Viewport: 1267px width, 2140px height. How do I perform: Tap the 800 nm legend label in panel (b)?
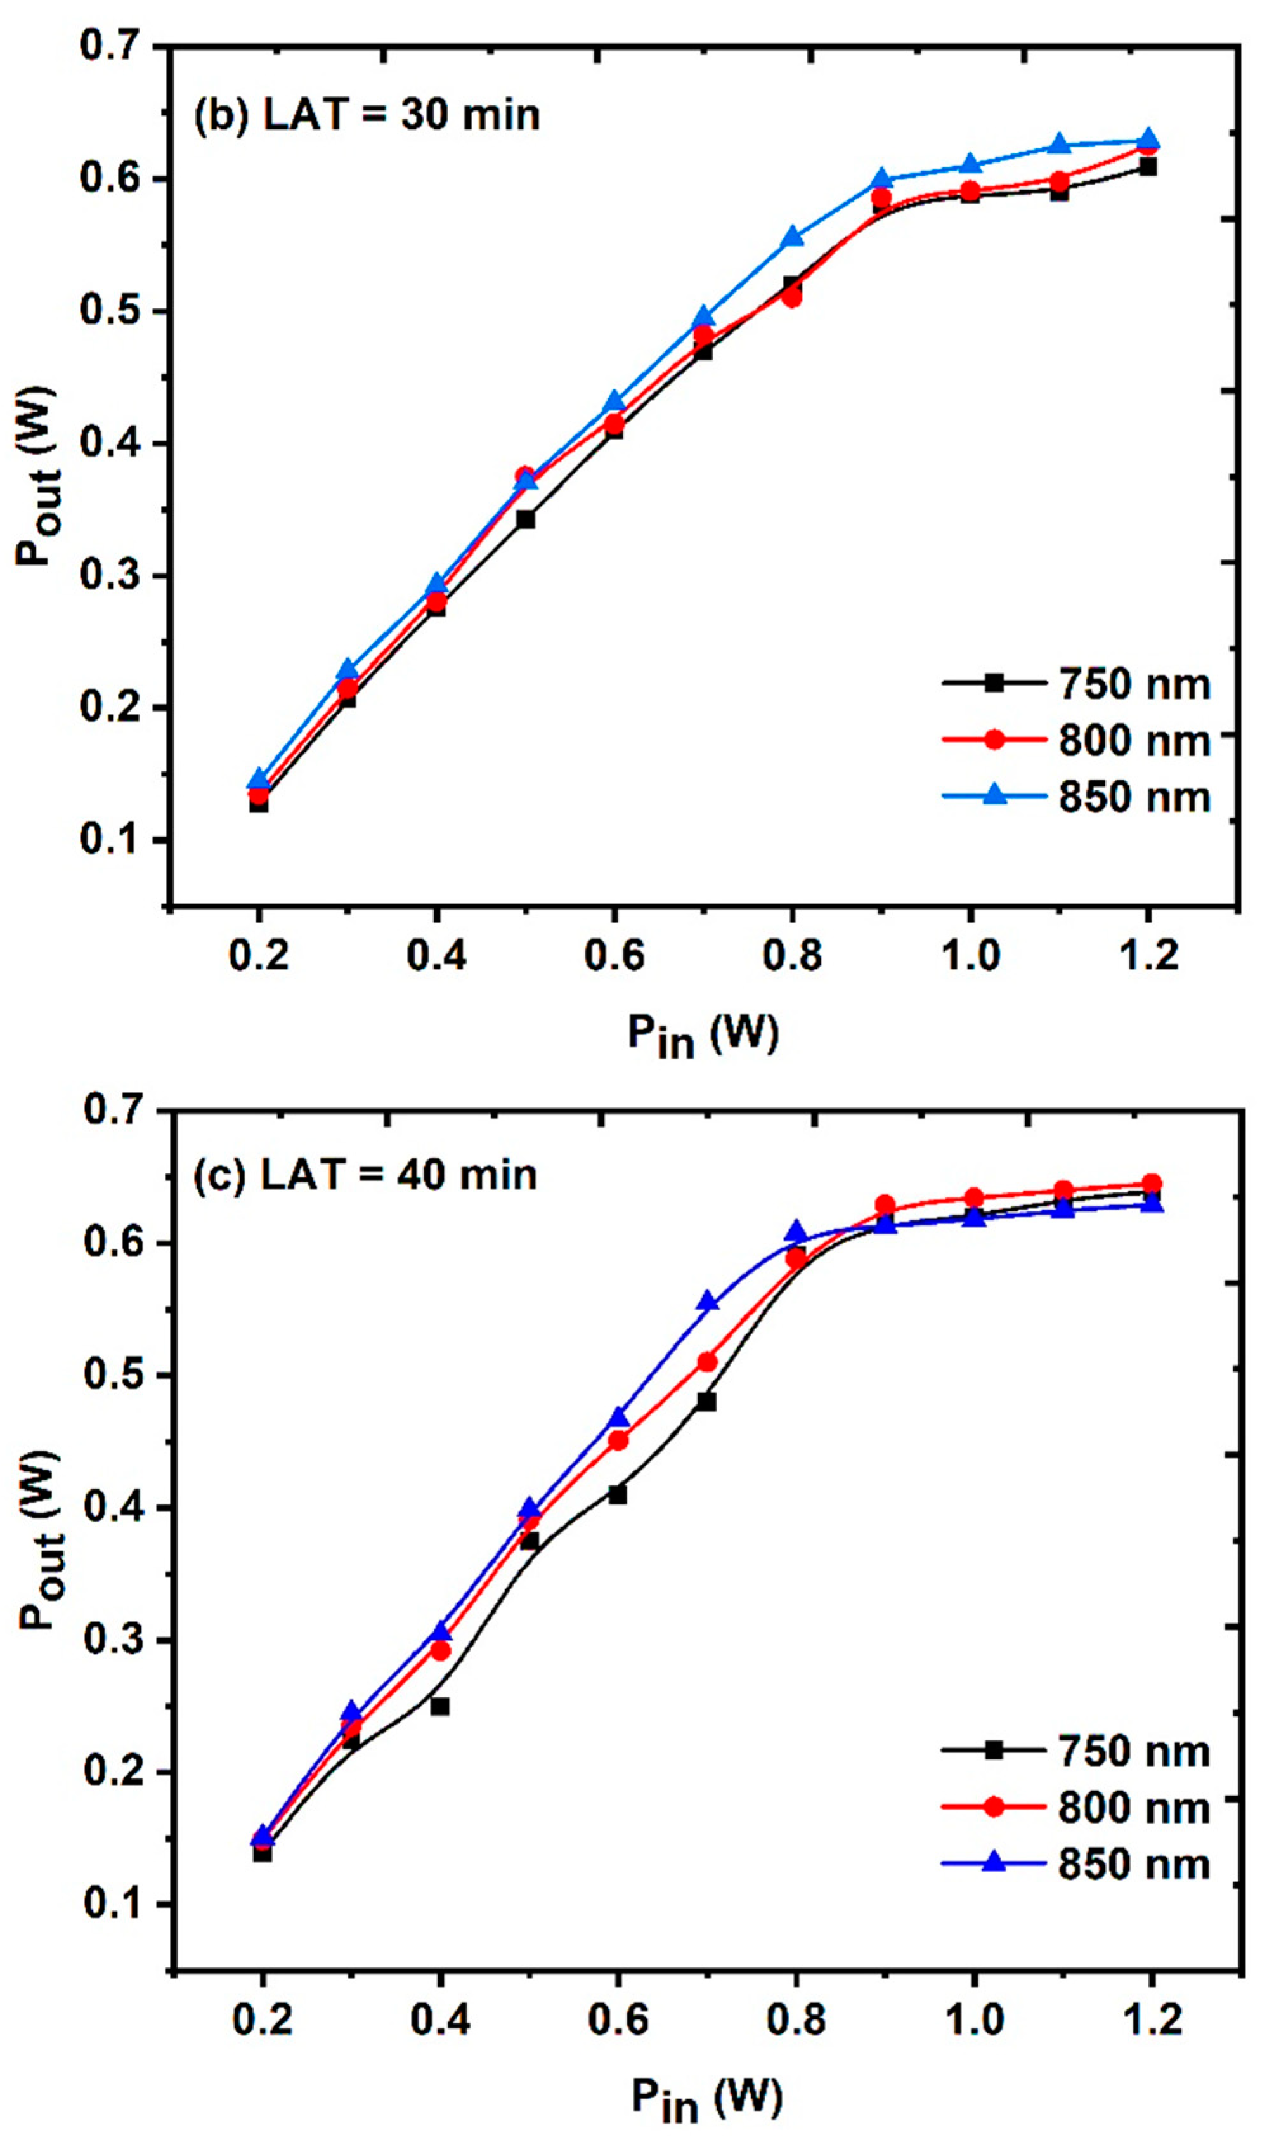tap(1134, 740)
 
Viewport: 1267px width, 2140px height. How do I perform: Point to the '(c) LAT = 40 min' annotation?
tap(365, 1175)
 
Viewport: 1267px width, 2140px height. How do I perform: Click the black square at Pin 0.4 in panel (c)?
tap(439, 1706)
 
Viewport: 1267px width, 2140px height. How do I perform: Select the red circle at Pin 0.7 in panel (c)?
tap(707, 1361)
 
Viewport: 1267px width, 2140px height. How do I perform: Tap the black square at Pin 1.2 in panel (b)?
tap(1148, 167)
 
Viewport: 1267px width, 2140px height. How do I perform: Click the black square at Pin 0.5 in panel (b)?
tap(526, 519)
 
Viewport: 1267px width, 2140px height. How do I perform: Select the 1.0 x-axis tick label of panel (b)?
tap(971, 955)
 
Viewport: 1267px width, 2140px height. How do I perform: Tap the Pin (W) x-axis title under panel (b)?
tap(703, 1036)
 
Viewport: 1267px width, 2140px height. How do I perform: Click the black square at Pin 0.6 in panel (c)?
tap(617, 1494)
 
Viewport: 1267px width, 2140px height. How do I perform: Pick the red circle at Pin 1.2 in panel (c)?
tap(1152, 1184)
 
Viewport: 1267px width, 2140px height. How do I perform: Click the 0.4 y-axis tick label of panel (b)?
tap(112, 443)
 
